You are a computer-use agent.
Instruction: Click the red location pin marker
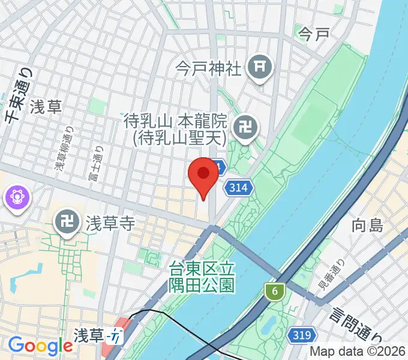[x=203, y=175]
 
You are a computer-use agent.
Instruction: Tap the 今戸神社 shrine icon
[x=260, y=68]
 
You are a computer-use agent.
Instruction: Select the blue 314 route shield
[x=239, y=188]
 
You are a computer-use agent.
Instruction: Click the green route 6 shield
[x=274, y=292]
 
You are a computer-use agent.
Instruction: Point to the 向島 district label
[x=367, y=226]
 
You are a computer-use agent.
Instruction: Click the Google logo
[x=40, y=346]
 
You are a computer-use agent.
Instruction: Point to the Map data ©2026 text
[x=358, y=352]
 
